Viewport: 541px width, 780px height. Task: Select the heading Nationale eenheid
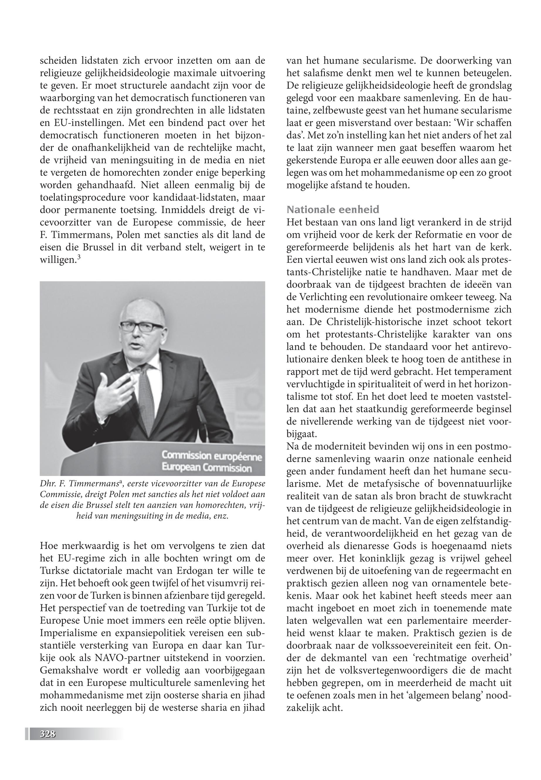pyautogui.click(x=333, y=209)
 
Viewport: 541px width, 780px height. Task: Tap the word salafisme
pyautogui.click(x=325, y=73)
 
